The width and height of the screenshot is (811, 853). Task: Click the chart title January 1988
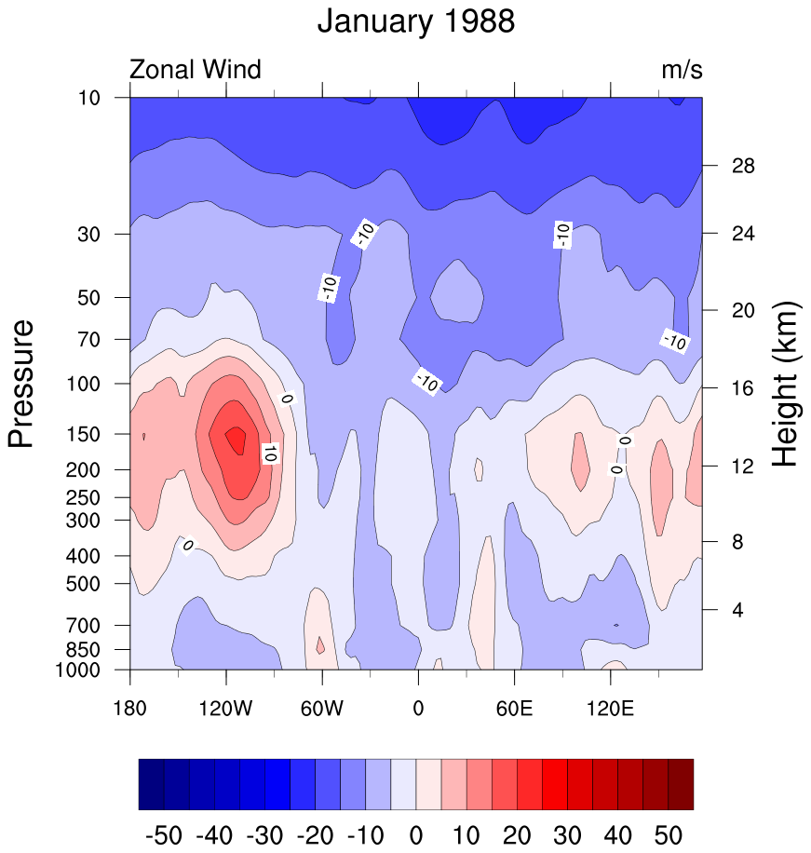pos(415,20)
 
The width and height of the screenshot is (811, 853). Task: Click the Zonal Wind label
pos(195,69)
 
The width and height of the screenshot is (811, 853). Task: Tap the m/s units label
pos(682,69)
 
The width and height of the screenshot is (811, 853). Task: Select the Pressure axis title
pos(21,383)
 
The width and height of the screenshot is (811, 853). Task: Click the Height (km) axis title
pos(788,384)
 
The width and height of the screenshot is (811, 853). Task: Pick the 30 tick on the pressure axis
pos(103,234)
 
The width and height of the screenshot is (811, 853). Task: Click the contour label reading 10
pos(270,454)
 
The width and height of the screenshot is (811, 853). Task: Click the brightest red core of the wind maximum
pos(237,439)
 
